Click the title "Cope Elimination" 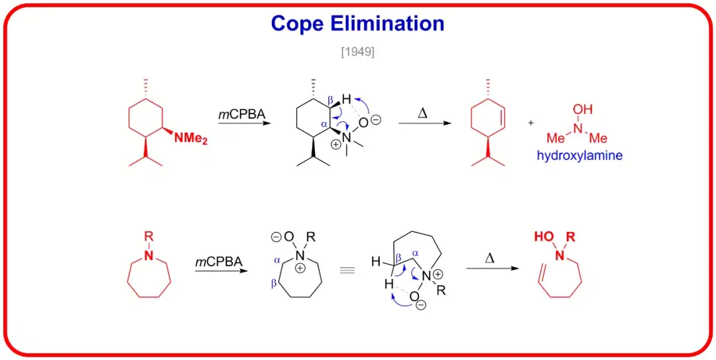pos(357,24)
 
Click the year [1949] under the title pos(357,52)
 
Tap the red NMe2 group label pos(191,139)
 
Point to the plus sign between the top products pos(530,123)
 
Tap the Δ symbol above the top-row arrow pos(422,113)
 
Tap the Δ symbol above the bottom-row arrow pos(490,258)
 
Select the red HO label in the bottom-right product pos(542,237)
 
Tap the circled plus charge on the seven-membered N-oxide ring pos(301,269)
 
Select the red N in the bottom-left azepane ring pos(149,256)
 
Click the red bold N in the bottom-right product pos(560,256)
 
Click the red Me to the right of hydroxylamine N pos(599,139)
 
